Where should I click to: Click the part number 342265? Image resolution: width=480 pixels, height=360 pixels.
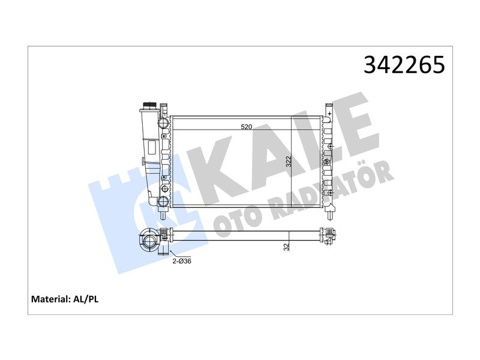coord(404,65)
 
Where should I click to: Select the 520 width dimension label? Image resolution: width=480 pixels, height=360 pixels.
coord(246,127)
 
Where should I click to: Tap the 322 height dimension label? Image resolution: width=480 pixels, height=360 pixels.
coord(289,161)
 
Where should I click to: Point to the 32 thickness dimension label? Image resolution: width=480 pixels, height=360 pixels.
coord(287,247)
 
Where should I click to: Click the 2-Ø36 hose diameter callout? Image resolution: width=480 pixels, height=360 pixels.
coord(182,261)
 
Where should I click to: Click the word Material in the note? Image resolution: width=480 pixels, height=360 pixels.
coord(51,299)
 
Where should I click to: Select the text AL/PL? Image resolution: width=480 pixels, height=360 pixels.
coord(86,299)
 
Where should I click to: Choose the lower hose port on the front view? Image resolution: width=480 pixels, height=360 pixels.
coord(163,202)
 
